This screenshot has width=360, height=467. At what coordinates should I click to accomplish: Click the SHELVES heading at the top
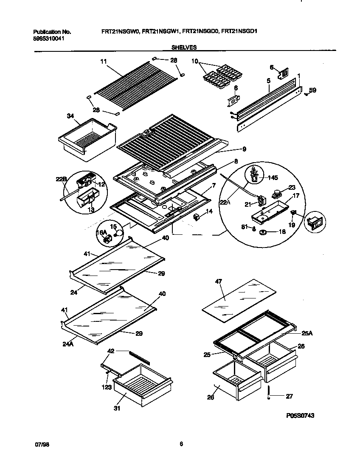coord(184,48)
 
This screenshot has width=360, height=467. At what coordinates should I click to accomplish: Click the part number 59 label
coord(312,90)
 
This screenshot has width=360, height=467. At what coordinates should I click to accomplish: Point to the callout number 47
coord(219,281)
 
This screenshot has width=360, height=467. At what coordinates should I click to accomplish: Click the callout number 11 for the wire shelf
coord(103,62)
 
